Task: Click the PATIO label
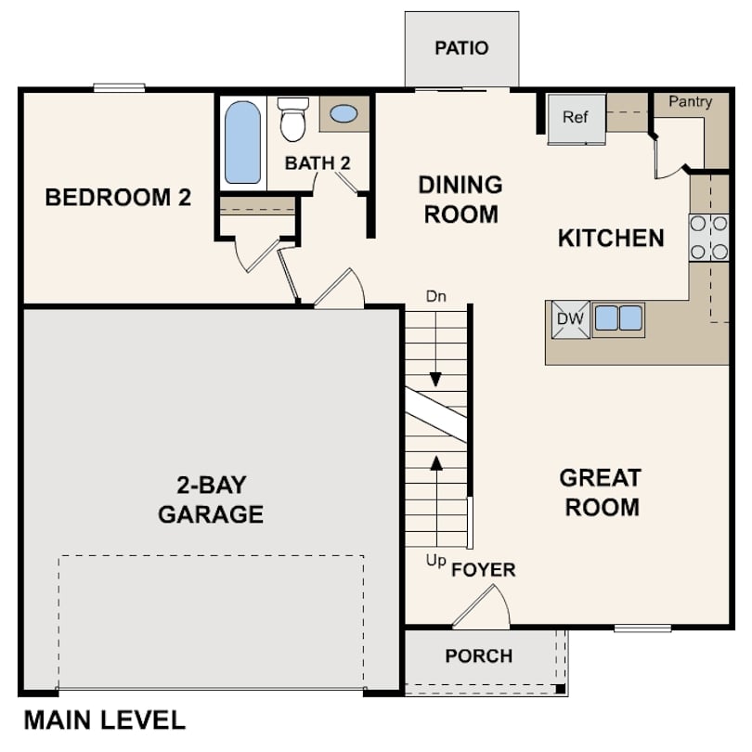point(461,48)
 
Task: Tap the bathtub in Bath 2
point(242,142)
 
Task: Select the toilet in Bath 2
point(293,119)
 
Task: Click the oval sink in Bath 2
point(344,114)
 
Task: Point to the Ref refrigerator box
point(576,118)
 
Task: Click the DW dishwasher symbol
point(570,319)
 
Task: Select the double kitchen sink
point(618,318)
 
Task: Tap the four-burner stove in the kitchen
point(708,238)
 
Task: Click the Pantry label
point(690,102)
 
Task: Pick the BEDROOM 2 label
point(118,198)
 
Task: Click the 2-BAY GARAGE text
point(211,499)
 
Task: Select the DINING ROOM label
point(460,199)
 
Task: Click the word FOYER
point(483,570)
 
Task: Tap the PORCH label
point(478,656)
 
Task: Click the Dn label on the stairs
point(436,297)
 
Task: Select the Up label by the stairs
point(435,561)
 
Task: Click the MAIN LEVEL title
point(104,720)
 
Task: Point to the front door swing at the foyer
point(484,607)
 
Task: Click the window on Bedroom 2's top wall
point(119,88)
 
